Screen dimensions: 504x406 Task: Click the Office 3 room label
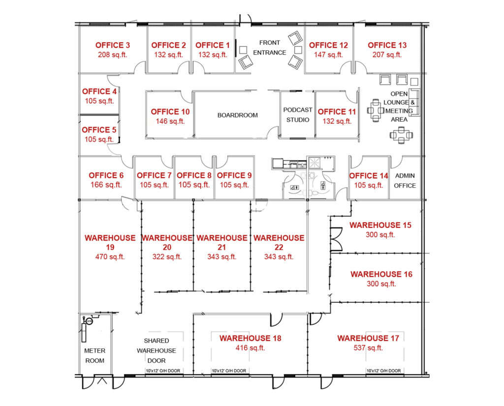tap(113, 45)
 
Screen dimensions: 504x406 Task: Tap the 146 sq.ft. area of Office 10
tap(170, 121)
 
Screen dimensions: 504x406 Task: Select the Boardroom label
tap(238, 115)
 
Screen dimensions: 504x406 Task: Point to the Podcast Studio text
tap(298, 115)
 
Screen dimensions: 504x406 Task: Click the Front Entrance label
tap(269, 48)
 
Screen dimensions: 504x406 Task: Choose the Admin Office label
tap(405, 181)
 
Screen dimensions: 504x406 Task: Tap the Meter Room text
tap(95, 355)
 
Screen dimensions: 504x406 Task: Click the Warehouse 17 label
tap(368, 338)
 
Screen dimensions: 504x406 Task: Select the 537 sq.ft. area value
tap(368, 348)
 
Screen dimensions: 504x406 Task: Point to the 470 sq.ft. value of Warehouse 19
tap(110, 257)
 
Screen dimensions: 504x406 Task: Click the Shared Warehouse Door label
tap(157, 350)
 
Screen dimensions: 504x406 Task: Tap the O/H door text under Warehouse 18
tap(229, 371)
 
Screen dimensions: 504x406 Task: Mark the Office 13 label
tap(387, 45)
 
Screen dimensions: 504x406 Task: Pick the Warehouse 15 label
tap(380, 225)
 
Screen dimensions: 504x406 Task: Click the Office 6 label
tap(106, 175)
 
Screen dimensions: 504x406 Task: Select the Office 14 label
tap(369, 176)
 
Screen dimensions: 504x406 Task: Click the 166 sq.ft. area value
tap(106, 185)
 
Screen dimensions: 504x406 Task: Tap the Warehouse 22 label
tap(279, 243)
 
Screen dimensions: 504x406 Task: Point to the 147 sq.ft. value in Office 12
tap(328, 55)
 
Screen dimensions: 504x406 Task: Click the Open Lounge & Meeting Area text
tap(399, 107)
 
